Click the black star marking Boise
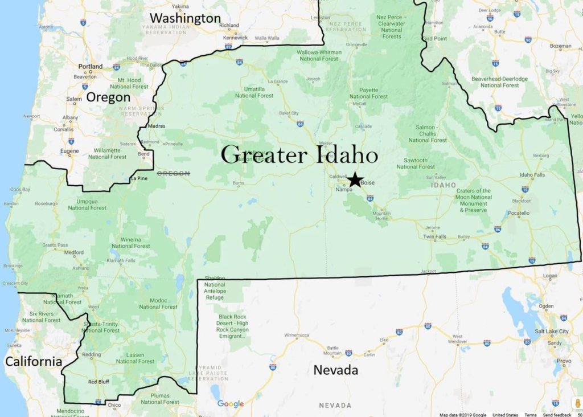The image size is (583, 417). (x=355, y=179)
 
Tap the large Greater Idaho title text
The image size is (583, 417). (x=299, y=154)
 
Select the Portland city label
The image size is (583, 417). (x=91, y=67)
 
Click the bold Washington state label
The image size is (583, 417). (x=185, y=18)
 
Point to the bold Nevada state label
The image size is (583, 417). (x=336, y=370)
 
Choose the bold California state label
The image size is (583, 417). (x=33, y=361)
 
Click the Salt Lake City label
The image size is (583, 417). (x=552, y=332)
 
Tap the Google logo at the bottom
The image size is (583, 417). (x=231, y=404)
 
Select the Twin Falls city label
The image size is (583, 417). (x=435, y=236)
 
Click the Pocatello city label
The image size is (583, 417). (x=518, y=213)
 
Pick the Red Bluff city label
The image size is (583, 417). (x=98, y=382)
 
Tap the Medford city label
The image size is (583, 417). (x=74, y=252)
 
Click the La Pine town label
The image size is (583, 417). (x=138, y=179)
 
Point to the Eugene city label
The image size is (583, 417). (x=69, y=151)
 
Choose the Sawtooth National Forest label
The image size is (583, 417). (x=416, y=163)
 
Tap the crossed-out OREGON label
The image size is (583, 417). (x=173, y=173)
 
